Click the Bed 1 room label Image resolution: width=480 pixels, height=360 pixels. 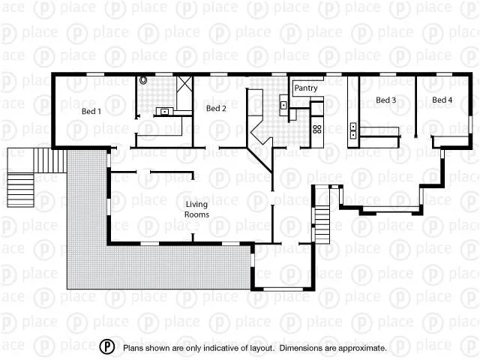pyautogui.click(x=91, y=111)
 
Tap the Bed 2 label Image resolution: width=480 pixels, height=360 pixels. pyautogui.click(x=216, y=109)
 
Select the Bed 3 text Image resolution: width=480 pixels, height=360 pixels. pyautogui.click(x=385, y=100)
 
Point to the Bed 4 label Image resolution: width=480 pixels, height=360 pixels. pyautogui.click(x=442, y=100)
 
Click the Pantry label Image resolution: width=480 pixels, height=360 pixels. pyautogui.click(x=306, y=88)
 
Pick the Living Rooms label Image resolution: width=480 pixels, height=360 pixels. pyautogui.click(x=196, y=208)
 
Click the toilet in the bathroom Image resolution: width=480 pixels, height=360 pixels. pyautogui.click(x=143, y=79)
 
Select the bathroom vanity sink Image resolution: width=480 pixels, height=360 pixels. pyautogui.click(x=164, y=112)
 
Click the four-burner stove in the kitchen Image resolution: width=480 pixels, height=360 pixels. pyautogui.click(x=317, y=129)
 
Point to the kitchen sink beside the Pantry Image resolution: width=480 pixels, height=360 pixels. pyautogui.click(x=283, y=105)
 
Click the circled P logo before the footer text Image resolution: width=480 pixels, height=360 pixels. pyautogui.click(x=108, y=347)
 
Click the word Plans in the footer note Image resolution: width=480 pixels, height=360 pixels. pyautogui.click(x=133, y=348)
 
